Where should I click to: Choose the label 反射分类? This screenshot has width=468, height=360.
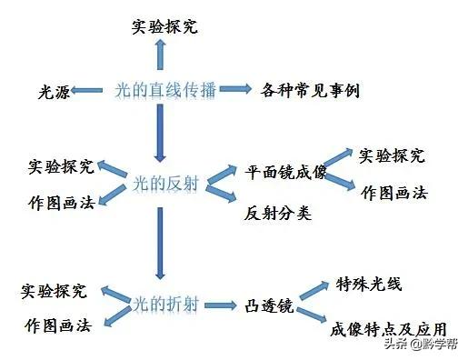(277, 215)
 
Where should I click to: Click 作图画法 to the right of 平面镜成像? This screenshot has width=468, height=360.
(393, 193)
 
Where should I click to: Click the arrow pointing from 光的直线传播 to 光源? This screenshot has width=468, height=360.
(89, 90)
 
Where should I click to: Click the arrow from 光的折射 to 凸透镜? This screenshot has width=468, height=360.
(224, 303)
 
